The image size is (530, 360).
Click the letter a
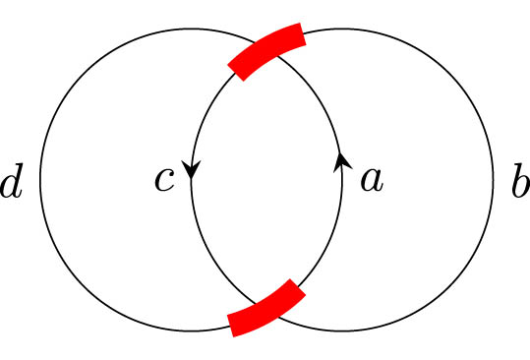(371, 180)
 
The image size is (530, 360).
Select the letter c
(164, 180)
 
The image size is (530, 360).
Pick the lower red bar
(265, 308)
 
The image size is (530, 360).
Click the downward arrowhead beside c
(192, 170)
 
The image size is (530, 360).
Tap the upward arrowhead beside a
(341, 161)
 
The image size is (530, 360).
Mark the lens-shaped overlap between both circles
(266, 180)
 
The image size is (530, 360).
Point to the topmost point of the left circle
(191, 30)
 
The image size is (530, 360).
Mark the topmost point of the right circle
(341, 30)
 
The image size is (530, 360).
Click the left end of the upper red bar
(235, 69)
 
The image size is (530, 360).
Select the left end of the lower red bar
(232, 325)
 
